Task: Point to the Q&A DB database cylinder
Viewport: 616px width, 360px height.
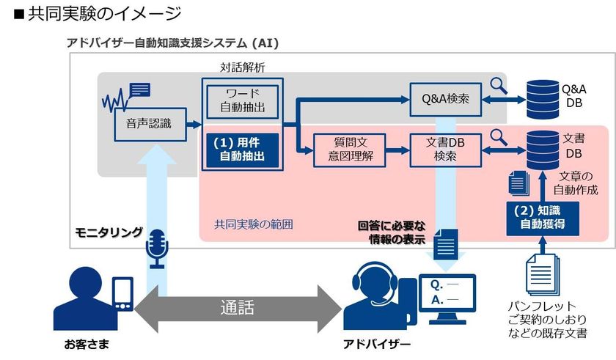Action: pos(543,95)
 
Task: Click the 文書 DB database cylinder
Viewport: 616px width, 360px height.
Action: pos(543,149)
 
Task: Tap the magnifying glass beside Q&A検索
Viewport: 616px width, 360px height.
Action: pos(499,86)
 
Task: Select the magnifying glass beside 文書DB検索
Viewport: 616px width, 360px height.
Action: pos(499,136)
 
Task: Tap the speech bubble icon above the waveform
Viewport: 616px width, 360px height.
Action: pos(139,89)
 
